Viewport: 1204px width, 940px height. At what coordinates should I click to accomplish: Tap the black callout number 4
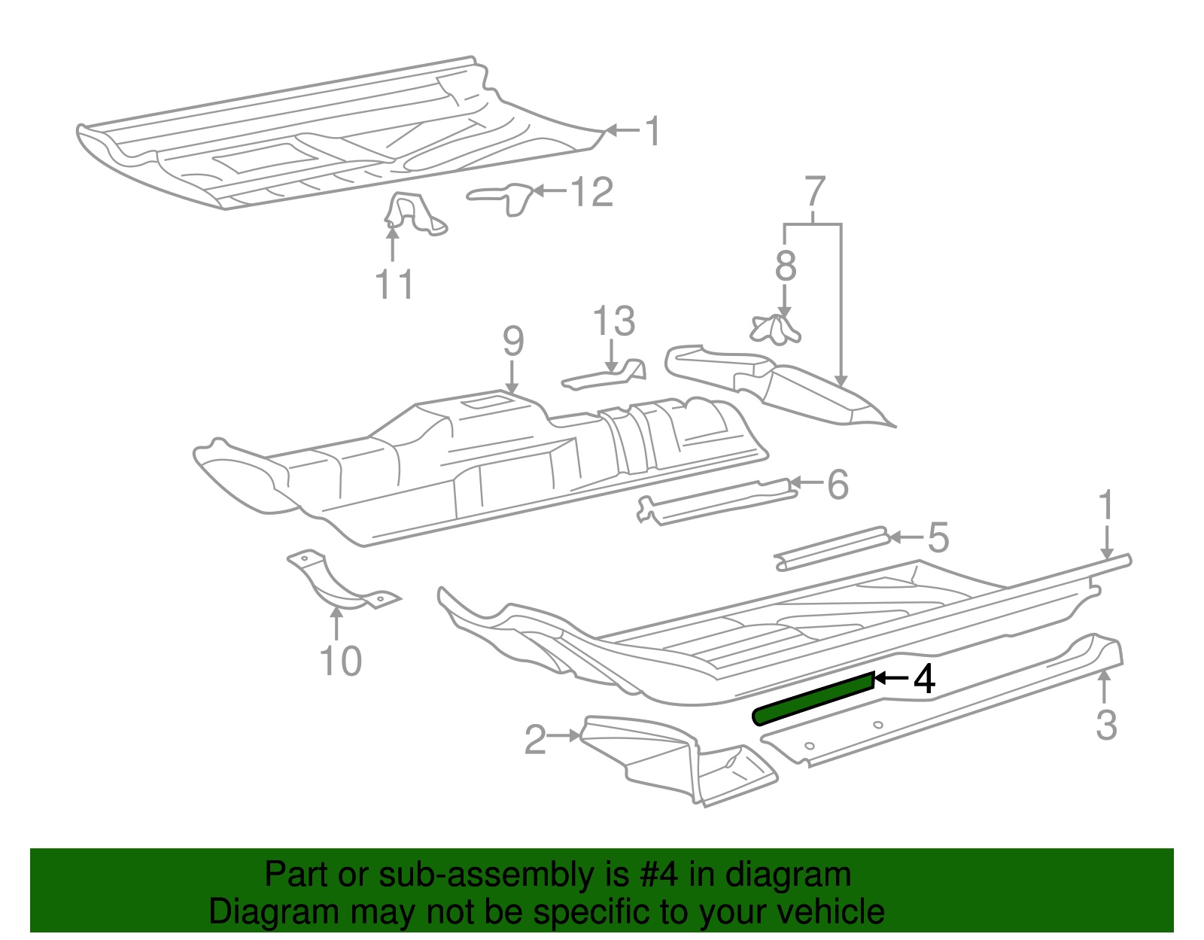924,679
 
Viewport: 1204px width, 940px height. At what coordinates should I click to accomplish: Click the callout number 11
394,284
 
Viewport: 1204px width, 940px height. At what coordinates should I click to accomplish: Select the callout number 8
785,266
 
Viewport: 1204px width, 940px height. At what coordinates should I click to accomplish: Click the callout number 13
614,321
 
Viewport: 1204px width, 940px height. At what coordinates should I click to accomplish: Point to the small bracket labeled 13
606,375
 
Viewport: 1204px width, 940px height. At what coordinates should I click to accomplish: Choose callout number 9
512,342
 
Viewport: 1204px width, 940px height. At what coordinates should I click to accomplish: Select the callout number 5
938,538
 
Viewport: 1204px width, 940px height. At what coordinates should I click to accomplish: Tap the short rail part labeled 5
832,548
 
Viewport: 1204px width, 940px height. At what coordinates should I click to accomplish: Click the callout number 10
340,662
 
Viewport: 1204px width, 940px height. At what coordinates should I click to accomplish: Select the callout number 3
1105,724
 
